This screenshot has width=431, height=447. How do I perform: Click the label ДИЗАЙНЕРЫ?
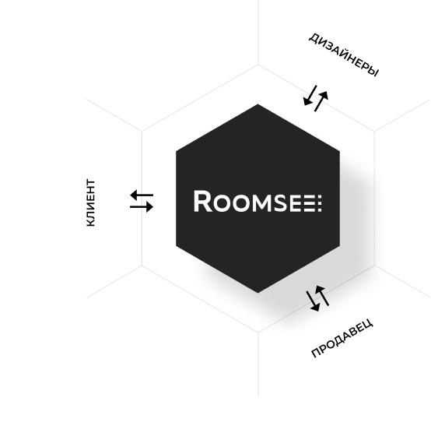344,55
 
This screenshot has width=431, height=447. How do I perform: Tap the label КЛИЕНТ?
90,202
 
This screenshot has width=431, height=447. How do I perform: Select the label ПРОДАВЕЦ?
342,338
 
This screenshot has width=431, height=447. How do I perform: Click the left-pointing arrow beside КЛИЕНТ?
142,195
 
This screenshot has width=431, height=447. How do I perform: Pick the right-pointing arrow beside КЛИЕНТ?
142,206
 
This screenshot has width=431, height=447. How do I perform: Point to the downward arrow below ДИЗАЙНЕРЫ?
310,96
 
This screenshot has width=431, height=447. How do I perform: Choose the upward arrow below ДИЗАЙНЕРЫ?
321,101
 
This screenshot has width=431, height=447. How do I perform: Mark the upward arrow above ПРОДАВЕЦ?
322,296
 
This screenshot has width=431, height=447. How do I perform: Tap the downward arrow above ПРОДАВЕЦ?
313,301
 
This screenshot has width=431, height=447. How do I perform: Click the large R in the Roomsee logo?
203,201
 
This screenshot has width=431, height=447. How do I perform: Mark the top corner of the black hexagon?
258,104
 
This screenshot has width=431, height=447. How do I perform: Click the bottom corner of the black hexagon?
258,293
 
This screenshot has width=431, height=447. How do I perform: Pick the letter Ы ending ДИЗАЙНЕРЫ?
373,72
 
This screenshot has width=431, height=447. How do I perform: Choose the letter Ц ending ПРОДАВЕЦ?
368,324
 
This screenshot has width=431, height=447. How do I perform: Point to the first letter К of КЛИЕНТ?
90,223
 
